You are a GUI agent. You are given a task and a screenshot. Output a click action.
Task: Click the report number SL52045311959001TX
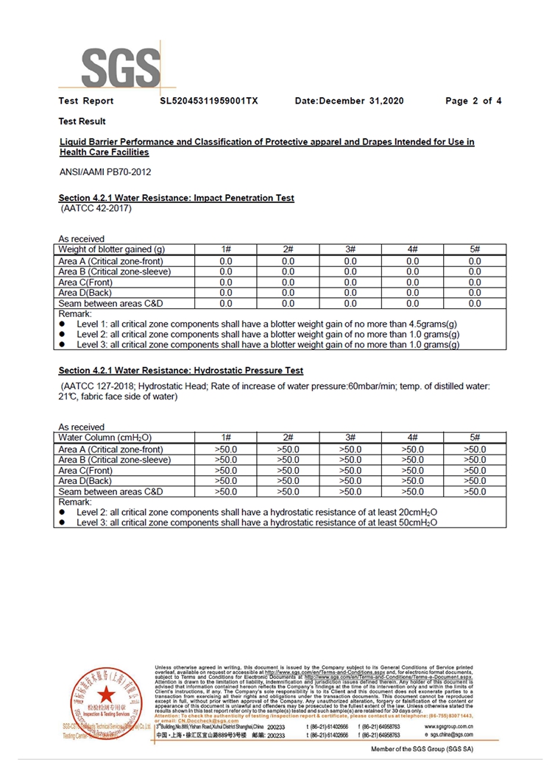click(208, 101)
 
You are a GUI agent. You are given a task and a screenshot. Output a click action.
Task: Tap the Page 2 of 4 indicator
click(473, 101)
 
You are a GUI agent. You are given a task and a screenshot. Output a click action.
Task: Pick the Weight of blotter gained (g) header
click(116, 250)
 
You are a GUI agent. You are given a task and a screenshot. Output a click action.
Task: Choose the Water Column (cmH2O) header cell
click(105, 438)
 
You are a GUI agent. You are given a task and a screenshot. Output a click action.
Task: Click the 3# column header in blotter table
click(350, 250)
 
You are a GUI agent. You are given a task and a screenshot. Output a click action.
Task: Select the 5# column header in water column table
click(475, 438)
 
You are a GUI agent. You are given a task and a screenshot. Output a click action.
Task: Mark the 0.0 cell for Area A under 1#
click(226, 261)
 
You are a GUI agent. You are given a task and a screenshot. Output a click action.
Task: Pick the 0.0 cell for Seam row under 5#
click(475, 303)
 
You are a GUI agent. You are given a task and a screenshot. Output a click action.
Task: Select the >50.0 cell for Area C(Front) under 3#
click(350, 470)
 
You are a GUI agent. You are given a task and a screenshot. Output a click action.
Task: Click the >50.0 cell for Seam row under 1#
click(226, 491)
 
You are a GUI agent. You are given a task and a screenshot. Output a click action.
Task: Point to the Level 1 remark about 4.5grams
click(268, 324)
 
